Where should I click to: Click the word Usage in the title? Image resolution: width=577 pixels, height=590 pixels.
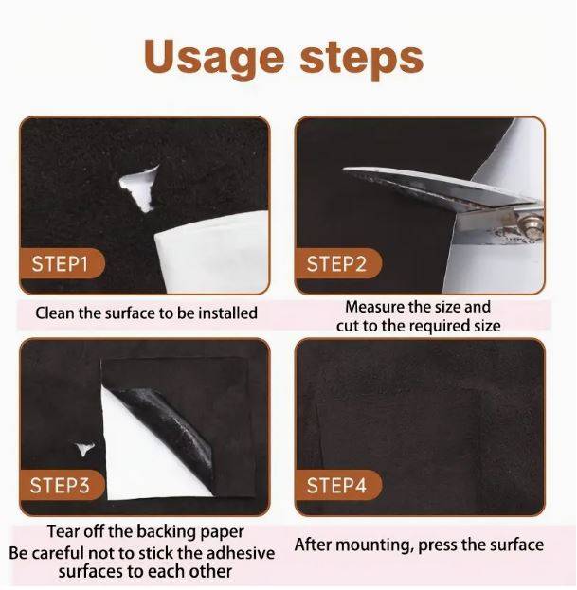[x=214, y=57]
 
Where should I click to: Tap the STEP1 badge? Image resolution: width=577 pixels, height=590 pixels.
[x=62, y=263]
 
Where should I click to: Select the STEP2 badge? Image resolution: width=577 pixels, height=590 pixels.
[x=338, y=263]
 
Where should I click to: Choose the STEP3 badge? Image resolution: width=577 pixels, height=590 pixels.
[x=62, y=485]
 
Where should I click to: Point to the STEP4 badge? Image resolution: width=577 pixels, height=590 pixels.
[x=338, y=485]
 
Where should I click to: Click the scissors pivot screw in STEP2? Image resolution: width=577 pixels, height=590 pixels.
[x=532, y=225]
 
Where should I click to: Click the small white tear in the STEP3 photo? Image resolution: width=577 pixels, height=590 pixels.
[x=84, y=448]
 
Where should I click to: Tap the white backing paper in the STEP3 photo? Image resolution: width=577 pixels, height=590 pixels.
[x=151, y=452]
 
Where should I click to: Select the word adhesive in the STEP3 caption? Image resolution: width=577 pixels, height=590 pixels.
[x=240, y=553]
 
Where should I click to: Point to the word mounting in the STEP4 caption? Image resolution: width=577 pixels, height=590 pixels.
[x=371, y=545]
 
